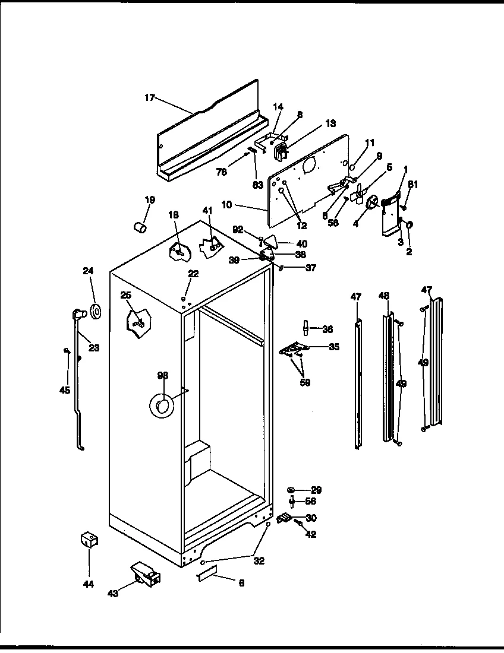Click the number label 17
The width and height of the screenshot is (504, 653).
[149, 97]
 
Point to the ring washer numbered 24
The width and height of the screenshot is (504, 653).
[94, 310]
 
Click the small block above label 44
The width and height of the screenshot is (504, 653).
[89, 539]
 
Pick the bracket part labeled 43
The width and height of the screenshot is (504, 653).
[146, 575]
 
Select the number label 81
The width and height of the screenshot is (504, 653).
[413, 185]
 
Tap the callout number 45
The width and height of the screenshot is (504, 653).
[65, 390]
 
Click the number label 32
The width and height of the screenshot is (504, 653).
[259, 560]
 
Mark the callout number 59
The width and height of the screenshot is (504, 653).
[305, 383]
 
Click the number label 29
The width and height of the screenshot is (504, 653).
[316, 490]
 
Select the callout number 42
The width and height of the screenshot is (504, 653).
[310, 534]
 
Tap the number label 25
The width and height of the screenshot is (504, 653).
[125, 295]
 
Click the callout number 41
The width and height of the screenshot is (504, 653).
[207, 210]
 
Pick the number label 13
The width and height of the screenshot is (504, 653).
[330, 123]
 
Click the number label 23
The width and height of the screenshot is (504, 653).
[93, 348]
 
